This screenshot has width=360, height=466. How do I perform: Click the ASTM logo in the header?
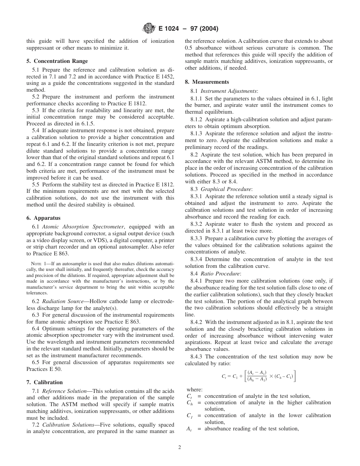(147, 28)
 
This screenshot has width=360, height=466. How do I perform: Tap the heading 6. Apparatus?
(43, 218)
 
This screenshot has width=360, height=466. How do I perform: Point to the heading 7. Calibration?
(44, 382)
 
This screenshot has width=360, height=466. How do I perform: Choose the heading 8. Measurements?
(207, 82)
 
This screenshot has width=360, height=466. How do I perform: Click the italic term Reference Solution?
(64, 391)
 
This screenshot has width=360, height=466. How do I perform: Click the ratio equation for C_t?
(258, 376)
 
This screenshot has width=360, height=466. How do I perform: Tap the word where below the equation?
(194, 389)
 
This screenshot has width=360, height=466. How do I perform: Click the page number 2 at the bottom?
(180, 447)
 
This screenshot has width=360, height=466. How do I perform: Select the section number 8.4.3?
(197, 357)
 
